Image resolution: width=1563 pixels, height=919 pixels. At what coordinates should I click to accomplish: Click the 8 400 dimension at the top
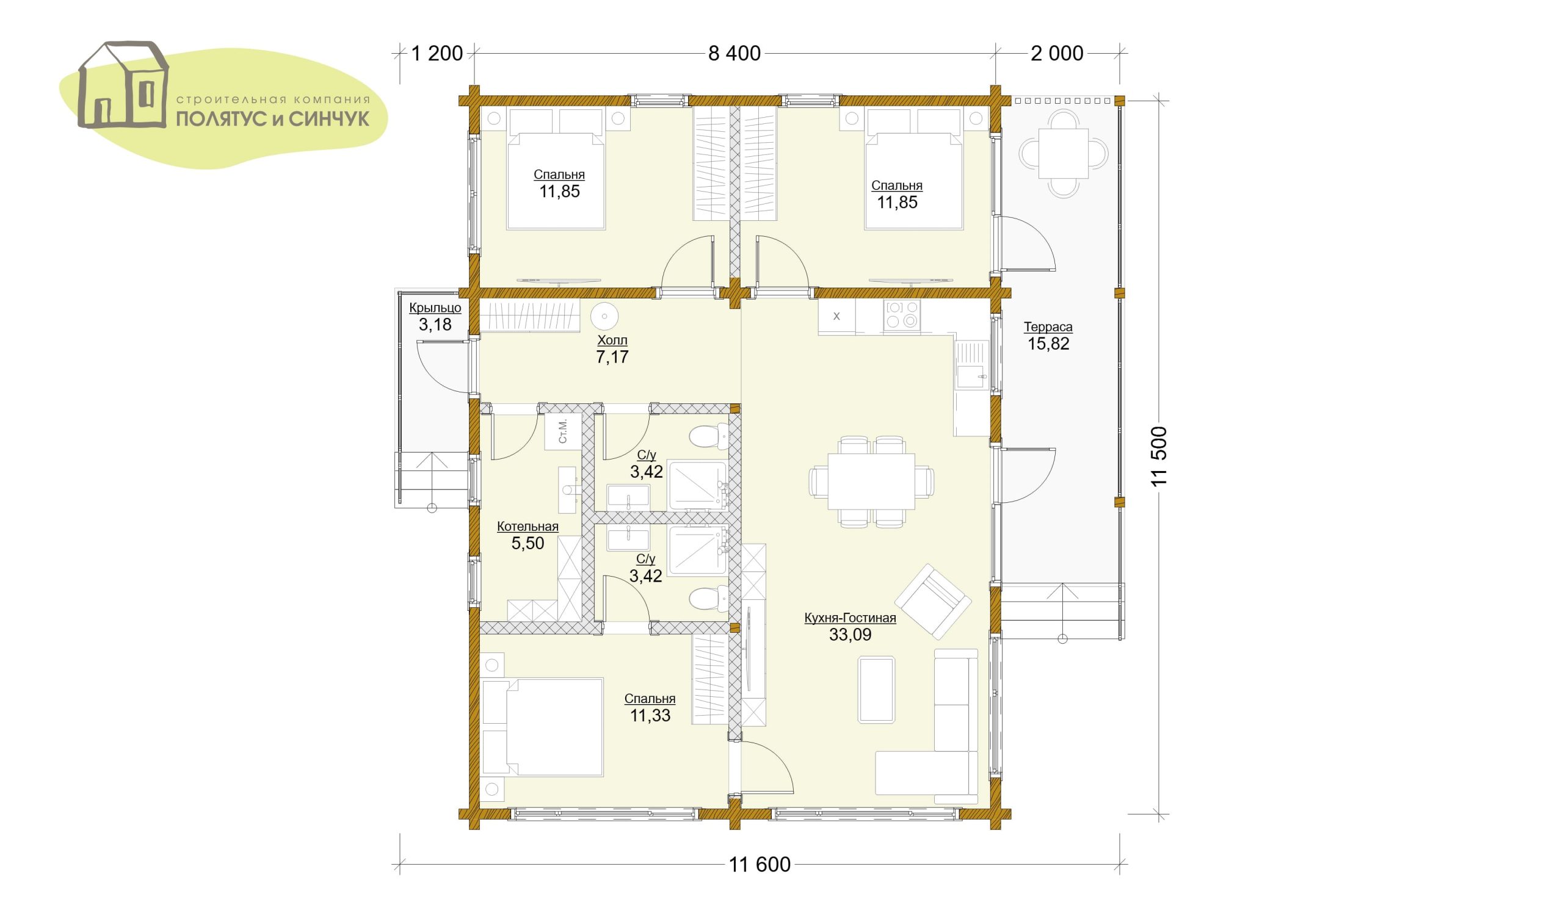click(x=734, y=53)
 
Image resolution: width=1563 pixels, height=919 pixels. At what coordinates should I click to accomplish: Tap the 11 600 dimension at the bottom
click(x=760, y=864)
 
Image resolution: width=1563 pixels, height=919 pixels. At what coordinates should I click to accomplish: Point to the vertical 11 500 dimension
click(x=1159, y=456)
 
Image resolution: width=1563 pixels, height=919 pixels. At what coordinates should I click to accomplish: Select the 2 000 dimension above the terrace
click(x=1057, y=53)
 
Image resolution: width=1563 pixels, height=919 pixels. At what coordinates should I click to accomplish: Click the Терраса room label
click(x=1048, y=327)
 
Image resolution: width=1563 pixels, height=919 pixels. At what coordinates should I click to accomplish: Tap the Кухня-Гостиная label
click(x=850, y=618)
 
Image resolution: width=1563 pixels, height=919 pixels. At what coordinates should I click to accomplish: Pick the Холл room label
click(x=612, y=340)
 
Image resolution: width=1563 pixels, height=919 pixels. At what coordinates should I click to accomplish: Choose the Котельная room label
click(x=528, y=527)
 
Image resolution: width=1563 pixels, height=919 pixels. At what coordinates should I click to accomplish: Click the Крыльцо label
click(x=435, y=308)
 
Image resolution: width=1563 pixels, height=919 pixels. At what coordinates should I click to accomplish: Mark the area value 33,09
click(x=850, y=635)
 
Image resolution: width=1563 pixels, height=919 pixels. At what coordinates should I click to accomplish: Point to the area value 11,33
click(x=650, y=715)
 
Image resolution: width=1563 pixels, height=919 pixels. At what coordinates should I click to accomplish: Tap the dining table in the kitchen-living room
click(x=871, y=482)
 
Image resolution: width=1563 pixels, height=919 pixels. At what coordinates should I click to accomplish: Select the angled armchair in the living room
click(x=933, y=601)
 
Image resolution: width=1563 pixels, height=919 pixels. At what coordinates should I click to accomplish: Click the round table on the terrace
click(x=1064, y=153)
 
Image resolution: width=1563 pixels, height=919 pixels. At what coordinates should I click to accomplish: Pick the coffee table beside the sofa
click(x=876, y=690)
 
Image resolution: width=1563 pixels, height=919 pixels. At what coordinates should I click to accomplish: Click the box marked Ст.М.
click(x=563, y=431)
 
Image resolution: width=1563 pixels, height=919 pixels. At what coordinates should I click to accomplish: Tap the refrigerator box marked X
click(x=836, y=316)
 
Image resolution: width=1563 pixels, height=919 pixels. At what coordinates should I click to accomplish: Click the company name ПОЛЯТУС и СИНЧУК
click(x=273, y=118)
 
